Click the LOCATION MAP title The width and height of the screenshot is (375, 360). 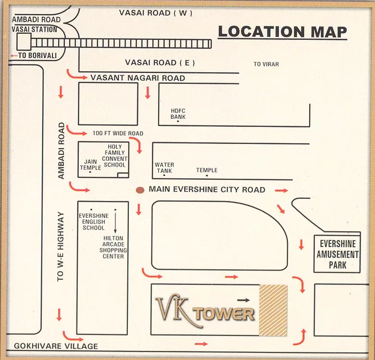[282, 32]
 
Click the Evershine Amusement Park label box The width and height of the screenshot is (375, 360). [337, 254]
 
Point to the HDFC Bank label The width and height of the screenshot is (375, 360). [178, 114]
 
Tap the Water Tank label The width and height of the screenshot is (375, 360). [164, 168]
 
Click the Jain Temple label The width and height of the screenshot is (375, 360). [90, 165]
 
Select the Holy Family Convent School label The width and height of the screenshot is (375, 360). [114, 156]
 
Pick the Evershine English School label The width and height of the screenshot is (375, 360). [93, 222]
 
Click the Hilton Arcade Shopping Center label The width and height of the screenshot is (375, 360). [113, 247]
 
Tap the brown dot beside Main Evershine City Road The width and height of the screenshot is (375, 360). [140, 190]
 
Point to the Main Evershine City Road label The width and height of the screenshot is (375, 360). [207, 189]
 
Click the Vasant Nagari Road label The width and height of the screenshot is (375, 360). [137, 78]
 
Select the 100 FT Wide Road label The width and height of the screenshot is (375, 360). [118, 133]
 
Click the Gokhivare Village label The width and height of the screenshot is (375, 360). [56, 346]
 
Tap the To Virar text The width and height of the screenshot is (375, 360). [266, 64]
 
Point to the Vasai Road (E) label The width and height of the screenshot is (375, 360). [160, 62]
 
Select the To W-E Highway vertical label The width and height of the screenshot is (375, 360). [60, 247]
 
